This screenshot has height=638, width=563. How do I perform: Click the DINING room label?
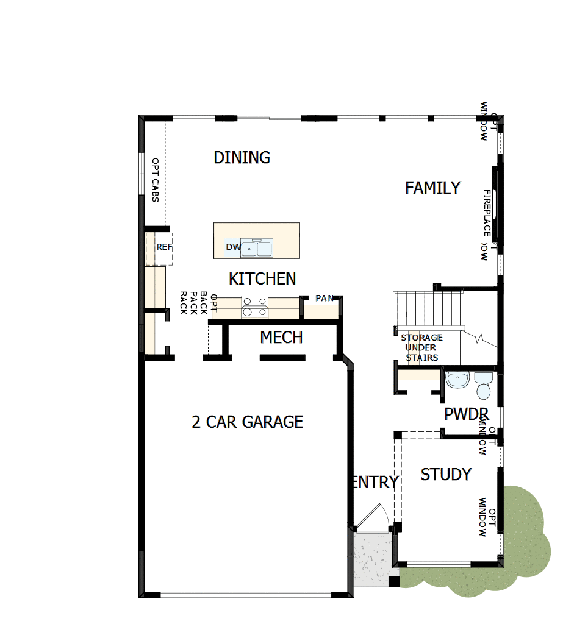(242, 157)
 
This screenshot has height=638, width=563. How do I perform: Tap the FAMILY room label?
(432, 188)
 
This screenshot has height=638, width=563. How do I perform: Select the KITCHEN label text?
(262, 278)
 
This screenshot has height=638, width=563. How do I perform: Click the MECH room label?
(281, 337)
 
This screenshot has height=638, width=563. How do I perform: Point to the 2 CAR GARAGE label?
(247, 422)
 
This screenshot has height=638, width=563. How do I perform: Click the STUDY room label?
(446, 474)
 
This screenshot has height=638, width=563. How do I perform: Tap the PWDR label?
(467, 414)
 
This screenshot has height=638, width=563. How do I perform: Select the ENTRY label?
(375, 482)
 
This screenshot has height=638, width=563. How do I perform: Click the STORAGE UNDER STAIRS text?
(421, 347)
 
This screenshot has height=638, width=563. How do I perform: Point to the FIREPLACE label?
(487, 213)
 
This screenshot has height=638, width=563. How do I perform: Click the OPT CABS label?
(155, 181)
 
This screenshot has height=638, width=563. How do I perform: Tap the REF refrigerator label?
(164, 247)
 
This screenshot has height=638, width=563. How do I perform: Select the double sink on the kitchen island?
(257, 248)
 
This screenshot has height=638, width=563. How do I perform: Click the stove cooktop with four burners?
(255, 306)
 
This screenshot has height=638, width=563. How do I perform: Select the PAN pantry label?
(324, 299)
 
